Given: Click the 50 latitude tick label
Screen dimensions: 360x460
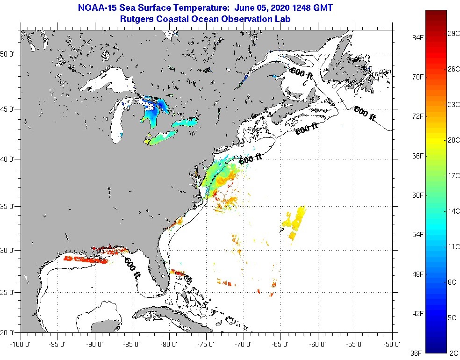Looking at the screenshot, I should [9, 54].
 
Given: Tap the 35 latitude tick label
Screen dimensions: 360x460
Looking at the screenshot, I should [9, 206].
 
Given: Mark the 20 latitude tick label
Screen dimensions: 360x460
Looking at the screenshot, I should [9, 333].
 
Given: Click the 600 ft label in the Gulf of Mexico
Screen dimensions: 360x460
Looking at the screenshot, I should [132, 268].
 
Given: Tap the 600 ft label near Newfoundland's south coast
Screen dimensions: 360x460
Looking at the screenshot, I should [365, 114].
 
